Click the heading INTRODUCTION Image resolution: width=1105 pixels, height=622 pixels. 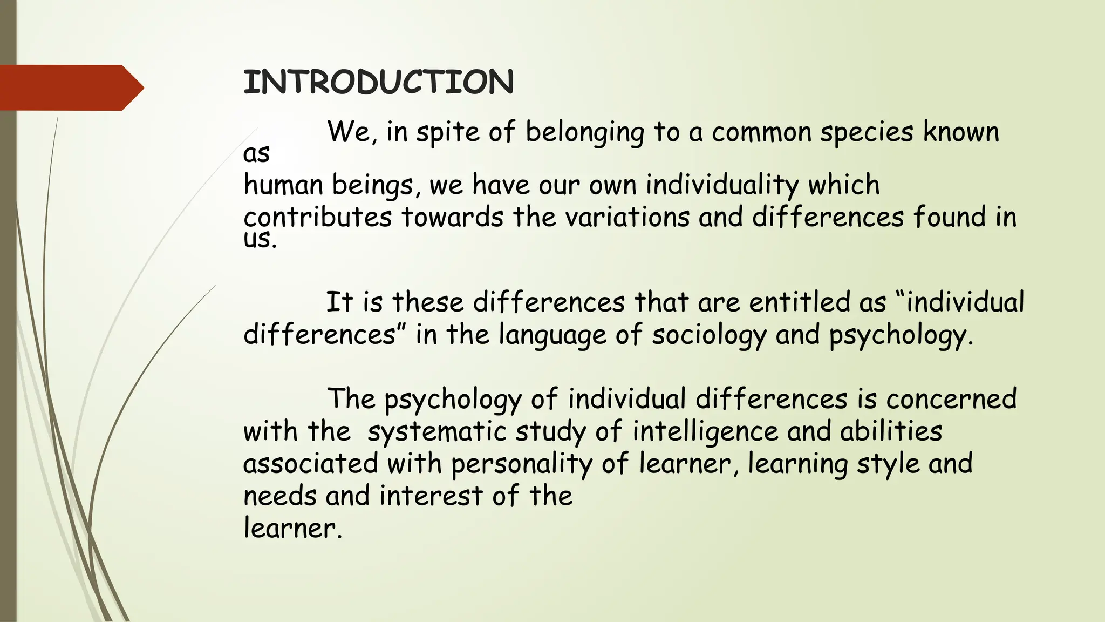tap(378, 83)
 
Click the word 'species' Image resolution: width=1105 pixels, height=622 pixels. tap(867, 133)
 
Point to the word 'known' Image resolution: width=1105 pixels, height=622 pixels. tap(961, 132)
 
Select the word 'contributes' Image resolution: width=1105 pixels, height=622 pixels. tap(317, 218)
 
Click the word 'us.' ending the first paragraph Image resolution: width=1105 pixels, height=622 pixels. tap(260, 239)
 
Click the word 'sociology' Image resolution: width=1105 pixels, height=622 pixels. tap(709, 335)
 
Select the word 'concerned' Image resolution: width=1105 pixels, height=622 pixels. tap(951, 399)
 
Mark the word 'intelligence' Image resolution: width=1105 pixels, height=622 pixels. tap(705, 432)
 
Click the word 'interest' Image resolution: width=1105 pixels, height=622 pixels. tap(431, 496)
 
